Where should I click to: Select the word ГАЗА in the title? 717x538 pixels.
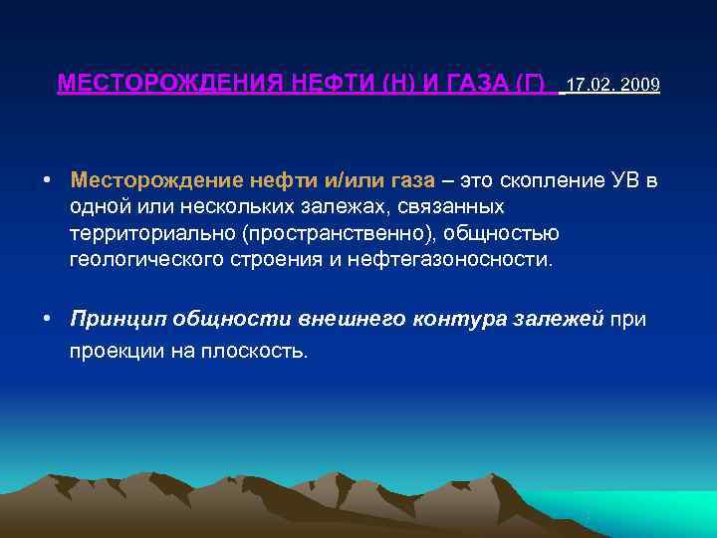click(x=472, y=84)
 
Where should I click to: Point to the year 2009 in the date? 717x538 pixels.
click(x=638, y=85)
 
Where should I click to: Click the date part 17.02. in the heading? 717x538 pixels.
click(x=590, y=85)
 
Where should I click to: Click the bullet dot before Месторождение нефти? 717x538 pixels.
click(x=48, y=181)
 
